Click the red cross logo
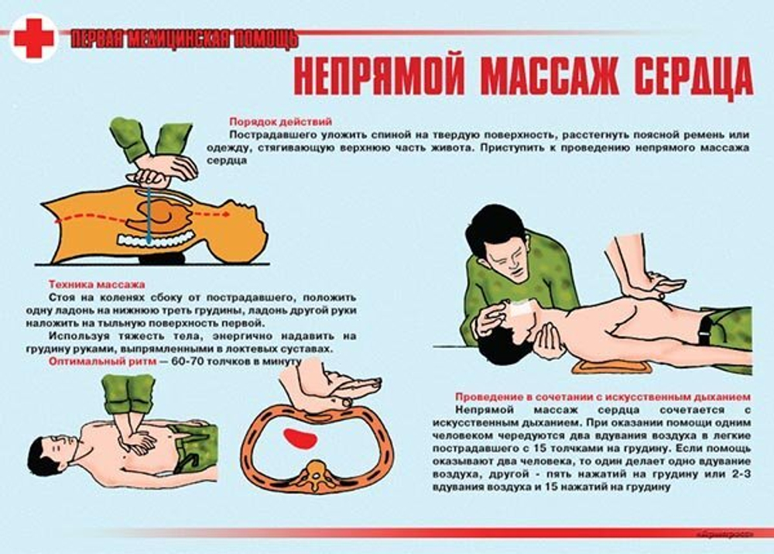click(x=33, y=38)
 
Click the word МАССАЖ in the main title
click(x=541, y=77)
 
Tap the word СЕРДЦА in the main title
click(x=687, y=77)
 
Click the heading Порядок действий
click(x=280, y=122)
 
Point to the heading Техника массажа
click(x=96, y=284)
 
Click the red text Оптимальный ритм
click(x=98, y=361)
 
